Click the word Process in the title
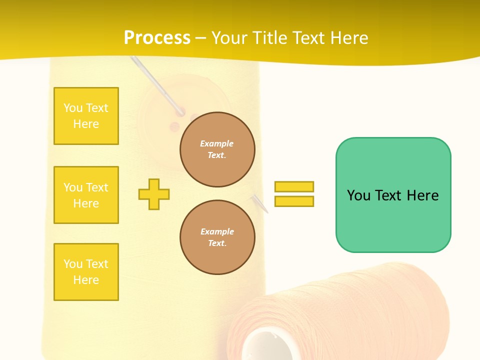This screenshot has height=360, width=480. pyautogui.click(x=157, y=38)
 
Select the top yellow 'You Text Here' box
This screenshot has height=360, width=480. pyautogui.click(x=86, y=116)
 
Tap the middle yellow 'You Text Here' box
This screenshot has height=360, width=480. pyautogui.click(x=86, y=195)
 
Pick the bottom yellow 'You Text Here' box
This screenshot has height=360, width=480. pyautogui.click(x=86, y=272)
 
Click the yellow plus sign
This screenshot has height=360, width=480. pyautogui.click(x=154, y=194)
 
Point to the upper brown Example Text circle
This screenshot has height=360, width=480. pyautogui.click(x=217, y=149)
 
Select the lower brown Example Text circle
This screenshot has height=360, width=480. pyautogui.click(x=217, y=237)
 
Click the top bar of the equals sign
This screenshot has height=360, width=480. pyautogui.click(x=294, y=187)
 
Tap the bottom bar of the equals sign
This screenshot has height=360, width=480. pyautogui.click(x=294, y=201)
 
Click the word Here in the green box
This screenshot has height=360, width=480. pyautogui.click(x=422, y=195)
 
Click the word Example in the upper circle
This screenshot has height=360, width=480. pyautogui.click(x=217, y=143)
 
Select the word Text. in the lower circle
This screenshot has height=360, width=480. pyautogui.click(x=217, y=243)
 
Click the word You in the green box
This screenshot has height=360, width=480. pyautogui.click(x=358, y=195)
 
